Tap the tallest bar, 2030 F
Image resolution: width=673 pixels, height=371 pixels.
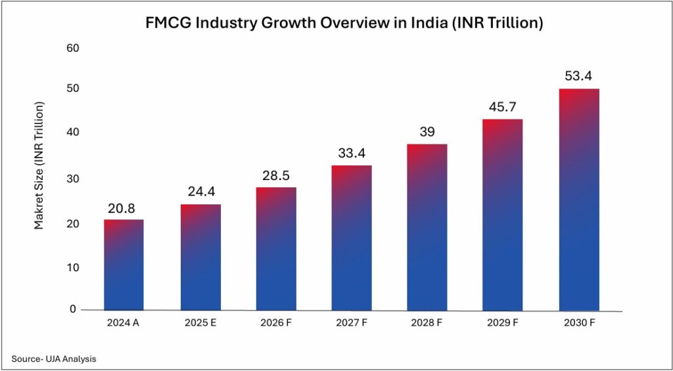[578, 200]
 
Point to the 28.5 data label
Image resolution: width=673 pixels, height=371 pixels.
[276, 176]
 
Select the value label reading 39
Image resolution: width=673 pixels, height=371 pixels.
[428, 132]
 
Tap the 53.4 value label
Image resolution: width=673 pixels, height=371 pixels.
[578, 77]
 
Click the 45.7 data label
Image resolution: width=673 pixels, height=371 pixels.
[503, 107]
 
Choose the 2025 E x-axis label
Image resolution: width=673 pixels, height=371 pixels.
[200, 322]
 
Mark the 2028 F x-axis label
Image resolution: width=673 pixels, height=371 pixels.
[428, 322]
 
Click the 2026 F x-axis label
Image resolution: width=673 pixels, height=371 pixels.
[276, 322]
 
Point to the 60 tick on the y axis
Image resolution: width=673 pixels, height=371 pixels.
[72, 48]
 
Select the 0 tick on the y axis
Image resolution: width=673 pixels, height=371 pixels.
[73, 309]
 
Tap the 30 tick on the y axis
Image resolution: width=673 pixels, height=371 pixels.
[72, 179]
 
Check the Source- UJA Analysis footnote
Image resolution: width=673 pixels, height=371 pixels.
[53, 359]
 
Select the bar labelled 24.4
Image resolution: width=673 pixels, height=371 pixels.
[200, 257]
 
